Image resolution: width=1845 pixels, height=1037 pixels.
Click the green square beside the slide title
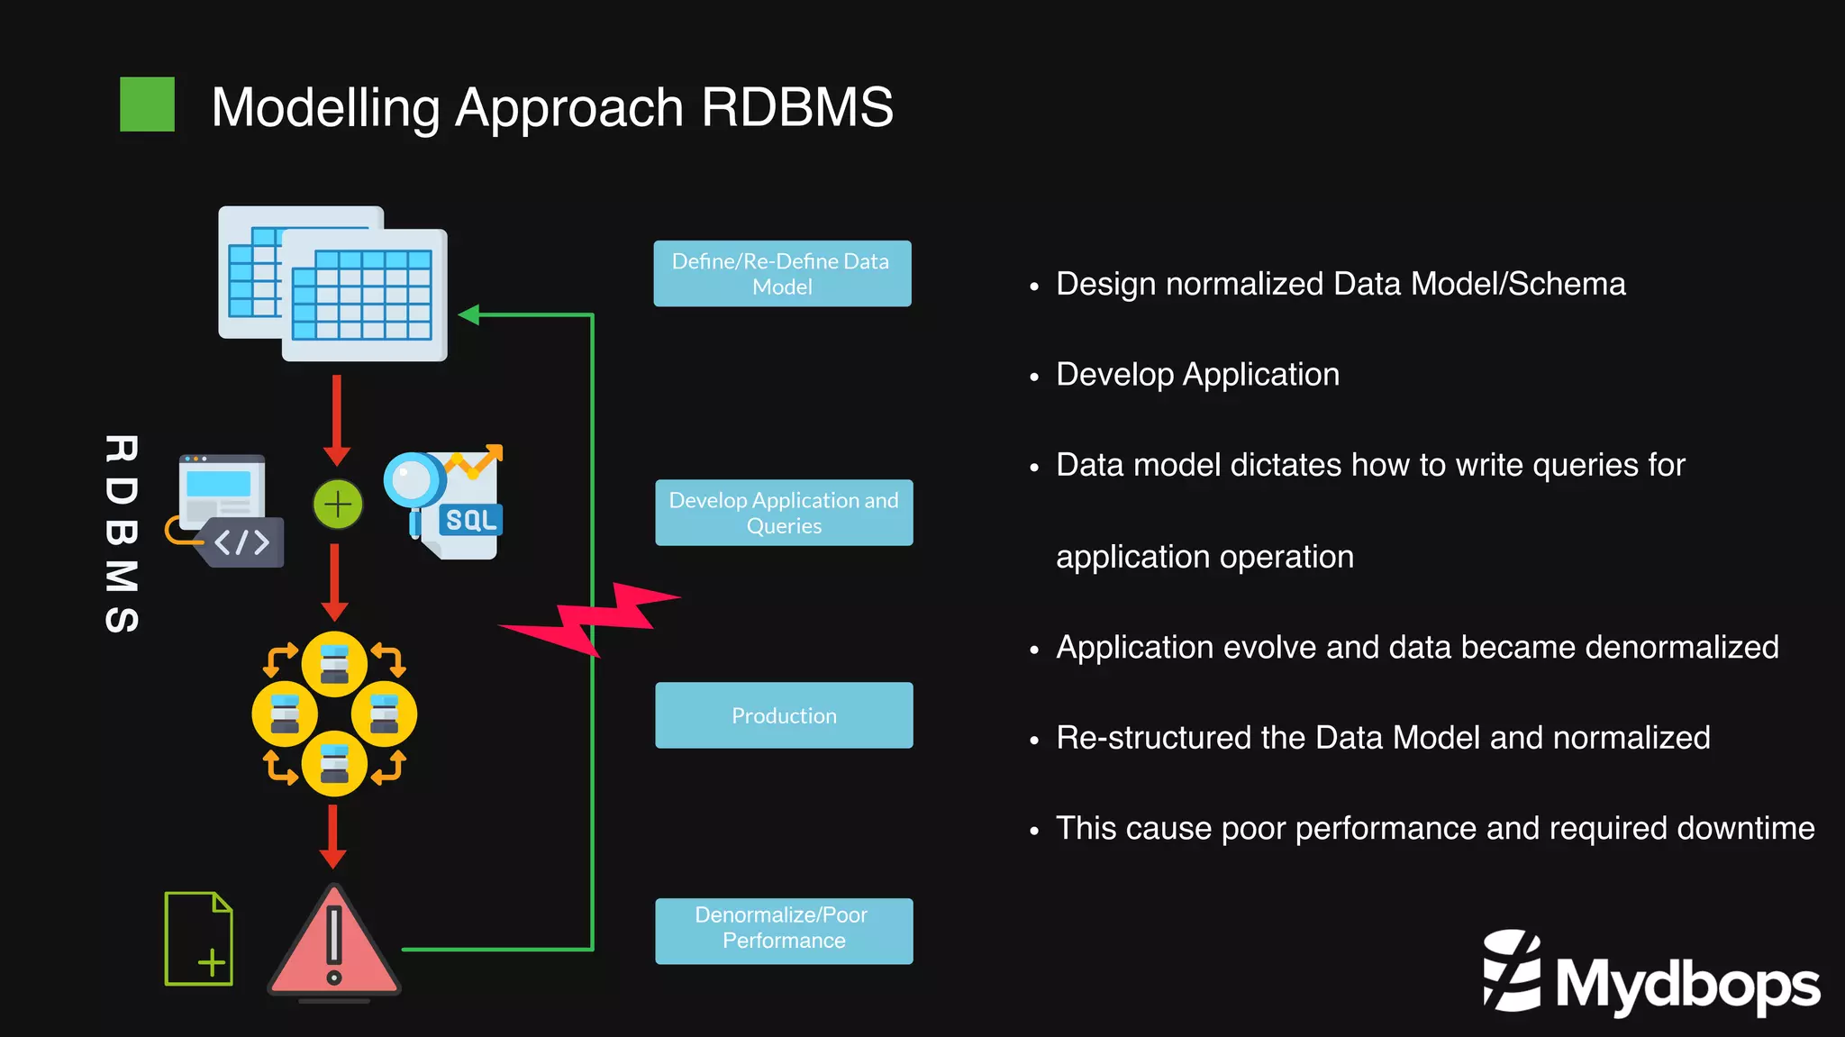147,105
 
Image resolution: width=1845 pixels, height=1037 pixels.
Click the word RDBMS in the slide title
796,107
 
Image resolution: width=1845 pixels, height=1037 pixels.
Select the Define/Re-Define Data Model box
782,274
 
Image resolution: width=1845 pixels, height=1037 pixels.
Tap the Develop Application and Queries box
784,513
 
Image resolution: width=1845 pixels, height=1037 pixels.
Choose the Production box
784,715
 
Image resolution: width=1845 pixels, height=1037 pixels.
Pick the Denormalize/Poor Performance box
784,931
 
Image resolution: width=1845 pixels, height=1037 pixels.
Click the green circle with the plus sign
338,505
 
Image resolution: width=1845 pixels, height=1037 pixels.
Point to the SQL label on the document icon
471,520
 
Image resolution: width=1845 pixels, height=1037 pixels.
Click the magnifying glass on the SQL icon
414,481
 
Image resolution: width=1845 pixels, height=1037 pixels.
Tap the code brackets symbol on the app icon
241,542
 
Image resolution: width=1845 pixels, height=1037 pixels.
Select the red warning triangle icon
334,941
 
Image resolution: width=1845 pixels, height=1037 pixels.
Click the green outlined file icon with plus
199,939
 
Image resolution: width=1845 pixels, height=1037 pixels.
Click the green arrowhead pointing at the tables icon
468,314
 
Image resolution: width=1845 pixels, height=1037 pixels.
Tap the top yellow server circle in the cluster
334,665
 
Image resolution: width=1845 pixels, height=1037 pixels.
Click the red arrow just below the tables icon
337,419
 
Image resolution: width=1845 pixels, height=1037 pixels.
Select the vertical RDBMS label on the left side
122,533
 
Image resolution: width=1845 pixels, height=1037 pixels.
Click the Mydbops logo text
1686,984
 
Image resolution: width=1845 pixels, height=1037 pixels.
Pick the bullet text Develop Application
1197,374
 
